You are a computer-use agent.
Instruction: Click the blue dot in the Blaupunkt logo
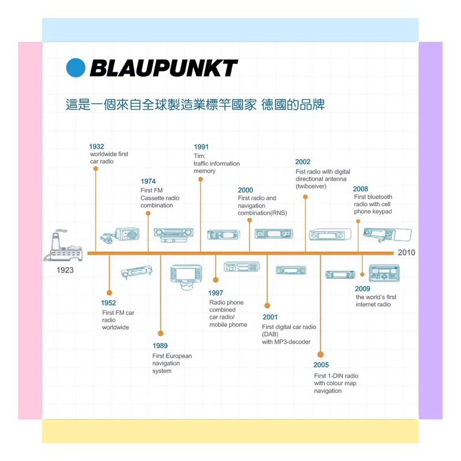click(75, 68)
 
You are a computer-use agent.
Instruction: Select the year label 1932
click(97, 146)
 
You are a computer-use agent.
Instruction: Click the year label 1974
click(148, 182)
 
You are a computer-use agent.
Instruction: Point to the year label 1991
click(201, 147)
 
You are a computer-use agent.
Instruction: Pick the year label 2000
click(245, 190)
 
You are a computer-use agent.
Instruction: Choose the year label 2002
click(303, 162)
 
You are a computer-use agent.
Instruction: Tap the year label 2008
click(361, 189)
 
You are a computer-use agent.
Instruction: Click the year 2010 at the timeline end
click(406, 252)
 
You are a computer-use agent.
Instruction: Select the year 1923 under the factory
click(65, 270)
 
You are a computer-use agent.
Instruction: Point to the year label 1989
click(160, 346)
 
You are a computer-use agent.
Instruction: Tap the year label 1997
click(216, 293)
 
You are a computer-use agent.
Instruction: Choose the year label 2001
click(270, 317)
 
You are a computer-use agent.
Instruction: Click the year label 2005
click(321, 365)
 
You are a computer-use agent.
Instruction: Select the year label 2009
click(362, 289)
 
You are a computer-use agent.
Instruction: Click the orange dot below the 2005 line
click(320, 354)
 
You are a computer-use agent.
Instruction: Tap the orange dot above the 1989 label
click(160, 333)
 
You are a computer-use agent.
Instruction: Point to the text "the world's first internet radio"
click(376, 301)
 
